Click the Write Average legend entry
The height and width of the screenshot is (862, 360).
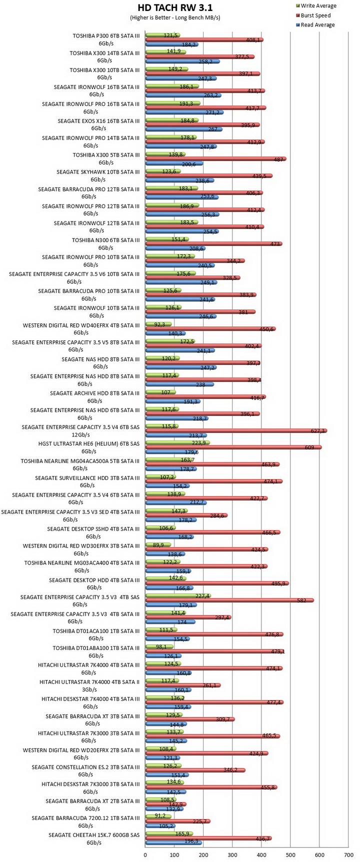click(315, 6)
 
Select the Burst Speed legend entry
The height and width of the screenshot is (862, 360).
click(312, 15)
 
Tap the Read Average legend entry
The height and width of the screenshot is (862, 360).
click(314, 25)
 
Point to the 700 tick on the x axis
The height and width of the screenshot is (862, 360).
click(349, 855)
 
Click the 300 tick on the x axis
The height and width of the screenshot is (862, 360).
click(232, 855)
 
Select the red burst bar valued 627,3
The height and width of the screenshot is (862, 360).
click(236, 430)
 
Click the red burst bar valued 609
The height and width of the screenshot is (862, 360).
click(233, 447)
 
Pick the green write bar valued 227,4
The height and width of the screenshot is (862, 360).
click(178, 595)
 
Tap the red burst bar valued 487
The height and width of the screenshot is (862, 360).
click(215, 159)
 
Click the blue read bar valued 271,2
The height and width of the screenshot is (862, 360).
click(184, 112)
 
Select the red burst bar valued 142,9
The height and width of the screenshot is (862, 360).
click(166, 804)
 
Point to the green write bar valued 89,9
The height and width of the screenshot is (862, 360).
click(158, 544)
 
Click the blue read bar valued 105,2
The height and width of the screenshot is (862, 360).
click(160, 826)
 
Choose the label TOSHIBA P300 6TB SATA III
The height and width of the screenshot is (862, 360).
click(106, 35)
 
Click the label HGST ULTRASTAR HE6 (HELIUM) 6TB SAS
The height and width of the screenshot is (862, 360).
click(89, 443)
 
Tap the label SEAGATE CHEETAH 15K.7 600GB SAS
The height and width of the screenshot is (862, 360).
click(94, 834)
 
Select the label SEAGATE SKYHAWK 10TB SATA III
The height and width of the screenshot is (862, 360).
click(98, 171)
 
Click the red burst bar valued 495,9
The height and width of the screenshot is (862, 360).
click(217, 583)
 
